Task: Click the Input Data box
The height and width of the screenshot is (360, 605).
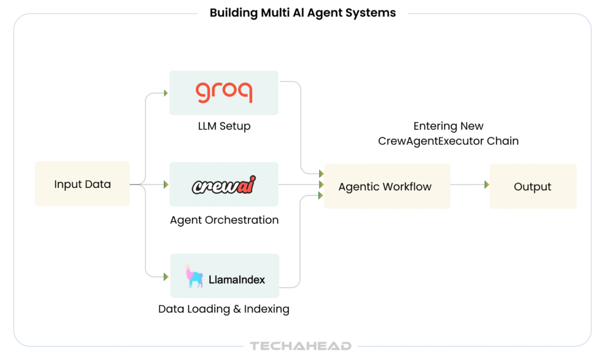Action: click(x=82, y=184)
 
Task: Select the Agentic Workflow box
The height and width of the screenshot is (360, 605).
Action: click(x=386, y=186)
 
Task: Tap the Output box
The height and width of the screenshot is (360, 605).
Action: click(x=532, y=186)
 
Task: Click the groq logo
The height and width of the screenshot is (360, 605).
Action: click(x=224, y=93)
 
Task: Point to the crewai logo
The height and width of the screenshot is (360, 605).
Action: click(x=224, y=184)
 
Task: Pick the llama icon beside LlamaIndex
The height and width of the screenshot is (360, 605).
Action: click(x=194, y=276)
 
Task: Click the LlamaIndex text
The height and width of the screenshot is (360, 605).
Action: click(x=237, y=280)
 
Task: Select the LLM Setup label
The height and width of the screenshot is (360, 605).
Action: click(x=224, y=126)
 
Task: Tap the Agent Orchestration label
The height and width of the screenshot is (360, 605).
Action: click(x=224, y=220)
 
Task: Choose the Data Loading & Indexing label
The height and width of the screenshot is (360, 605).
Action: click(x=224, y=309)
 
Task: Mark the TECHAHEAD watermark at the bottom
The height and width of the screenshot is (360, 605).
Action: click(x=301, y=346)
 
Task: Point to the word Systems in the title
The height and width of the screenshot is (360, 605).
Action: click(x=372, y=12)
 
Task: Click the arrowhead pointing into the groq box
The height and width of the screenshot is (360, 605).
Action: click(x=165, y=93)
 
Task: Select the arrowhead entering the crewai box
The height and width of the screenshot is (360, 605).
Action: click(x=165, y=184)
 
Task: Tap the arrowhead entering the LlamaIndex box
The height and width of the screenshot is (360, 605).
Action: click(x=165, y=276)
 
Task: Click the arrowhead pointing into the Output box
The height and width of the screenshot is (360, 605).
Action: click(x=486, y=185)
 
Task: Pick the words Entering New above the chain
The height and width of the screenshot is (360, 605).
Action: click(x=448, y=126)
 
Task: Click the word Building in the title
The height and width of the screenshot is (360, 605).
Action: click(x=232, y=12)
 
